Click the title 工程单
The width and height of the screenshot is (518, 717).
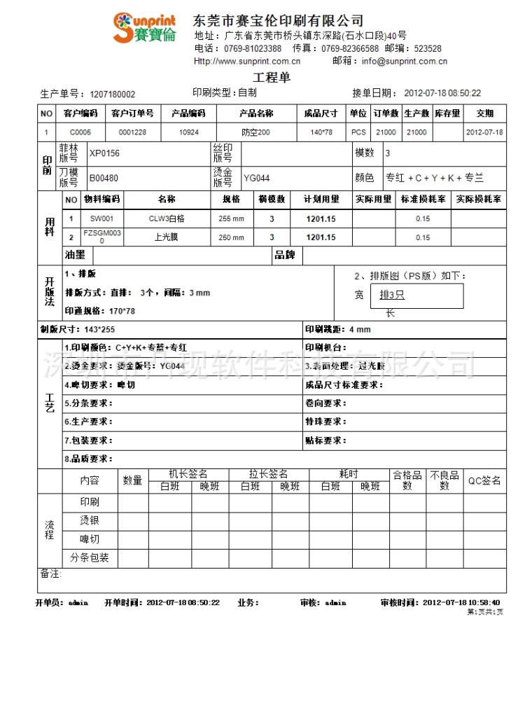(271, 78)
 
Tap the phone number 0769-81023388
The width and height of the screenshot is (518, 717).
(253, 49)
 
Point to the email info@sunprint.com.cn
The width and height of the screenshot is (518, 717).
(404, 62)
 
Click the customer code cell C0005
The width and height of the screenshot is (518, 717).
(80, 132)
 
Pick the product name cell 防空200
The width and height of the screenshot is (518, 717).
(255, 132)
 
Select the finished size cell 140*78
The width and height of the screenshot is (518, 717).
(321, 132)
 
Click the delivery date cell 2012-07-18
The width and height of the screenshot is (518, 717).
(484, 132)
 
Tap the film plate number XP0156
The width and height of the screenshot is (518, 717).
(104, 153)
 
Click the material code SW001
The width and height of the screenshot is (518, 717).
(101, 218)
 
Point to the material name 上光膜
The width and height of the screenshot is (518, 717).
(167, 237)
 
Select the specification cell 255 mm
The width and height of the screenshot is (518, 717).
(231, 218)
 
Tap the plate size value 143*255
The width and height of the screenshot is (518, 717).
(99, 329)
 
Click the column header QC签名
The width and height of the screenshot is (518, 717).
(484, 481)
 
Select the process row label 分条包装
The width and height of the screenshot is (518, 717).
(90, 558)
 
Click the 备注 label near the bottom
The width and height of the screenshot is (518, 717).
(50, 573)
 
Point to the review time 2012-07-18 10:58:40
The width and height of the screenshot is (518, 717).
(461, 602)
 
